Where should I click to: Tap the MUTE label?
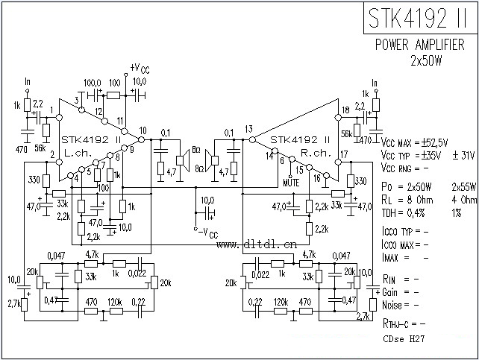(x=292, y=181)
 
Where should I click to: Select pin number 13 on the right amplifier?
(x=248, y=128)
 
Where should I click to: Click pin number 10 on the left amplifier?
(x=143, y=131)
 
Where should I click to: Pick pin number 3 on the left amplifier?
(x=76, y=100)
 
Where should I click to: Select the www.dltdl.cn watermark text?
(x=257, y=243)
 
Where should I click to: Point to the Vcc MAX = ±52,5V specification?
(x=414, y=142)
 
